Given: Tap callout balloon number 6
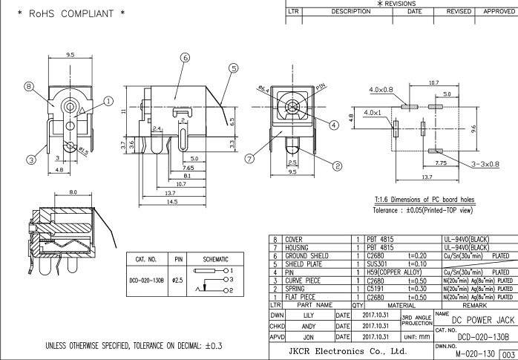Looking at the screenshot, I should point(184,57).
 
